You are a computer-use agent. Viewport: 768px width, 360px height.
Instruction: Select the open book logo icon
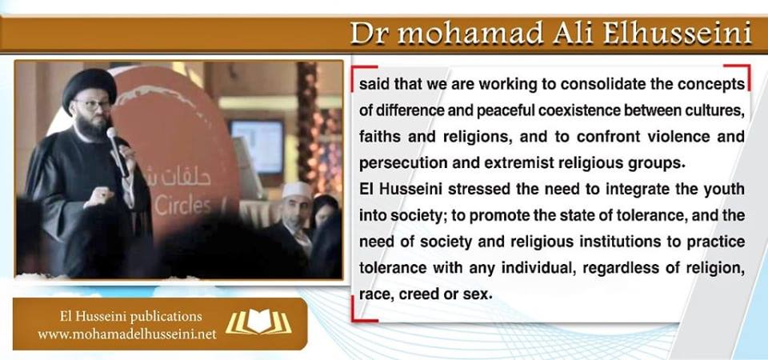pos(258,322)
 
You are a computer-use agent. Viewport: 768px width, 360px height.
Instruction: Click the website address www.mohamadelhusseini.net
pos(127,335)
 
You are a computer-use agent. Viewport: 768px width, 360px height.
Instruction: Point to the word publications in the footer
pos(166,317)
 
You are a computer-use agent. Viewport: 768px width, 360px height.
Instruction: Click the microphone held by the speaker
pos(118,151)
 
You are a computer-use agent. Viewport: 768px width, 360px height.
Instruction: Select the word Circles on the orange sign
pos(182,206)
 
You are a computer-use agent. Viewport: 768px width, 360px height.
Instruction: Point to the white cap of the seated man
pos(297,190)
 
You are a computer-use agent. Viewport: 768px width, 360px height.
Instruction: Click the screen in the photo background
pos(257,146)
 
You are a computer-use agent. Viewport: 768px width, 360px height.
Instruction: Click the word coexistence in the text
pos(567,110)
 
